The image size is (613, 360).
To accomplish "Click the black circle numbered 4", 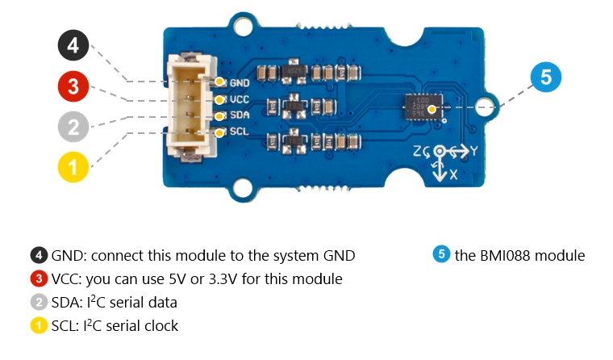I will pos(73,46).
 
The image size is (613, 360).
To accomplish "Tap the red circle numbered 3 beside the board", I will pos(73,86).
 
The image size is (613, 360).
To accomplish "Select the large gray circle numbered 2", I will pos(73,127).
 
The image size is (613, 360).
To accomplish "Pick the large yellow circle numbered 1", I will pos(73,167).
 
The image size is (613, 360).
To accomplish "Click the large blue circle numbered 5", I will pos(546,78).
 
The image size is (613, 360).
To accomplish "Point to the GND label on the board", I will pos(240,82).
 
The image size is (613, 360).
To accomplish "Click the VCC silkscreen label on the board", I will pos(240,99).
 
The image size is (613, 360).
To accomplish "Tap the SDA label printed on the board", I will pos(240,115).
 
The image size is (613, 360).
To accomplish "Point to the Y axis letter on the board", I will pos(474,150).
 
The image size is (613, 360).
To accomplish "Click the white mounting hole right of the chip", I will pos(485,107).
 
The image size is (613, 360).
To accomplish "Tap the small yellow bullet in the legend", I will pos(38,326).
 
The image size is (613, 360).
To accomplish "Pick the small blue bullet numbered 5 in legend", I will pos(441,256).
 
